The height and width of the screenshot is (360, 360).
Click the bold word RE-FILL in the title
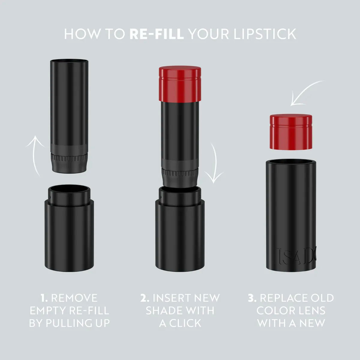pyautogui.click(x=157, y=34)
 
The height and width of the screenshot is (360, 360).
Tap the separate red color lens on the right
pyautogui.click(x=290, y=132)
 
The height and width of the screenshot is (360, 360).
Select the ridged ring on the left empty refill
pyautogui.click(x=69, y=157)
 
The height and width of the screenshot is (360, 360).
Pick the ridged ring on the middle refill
pyautogui.click(x=180, y=173)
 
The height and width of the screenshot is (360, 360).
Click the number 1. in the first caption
pyautogui.click(x=44, y=298)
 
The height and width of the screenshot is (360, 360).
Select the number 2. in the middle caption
pyautogui.click(x=145, y=298)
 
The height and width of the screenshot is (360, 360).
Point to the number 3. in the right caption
pyautogui.click(x=252, y=298)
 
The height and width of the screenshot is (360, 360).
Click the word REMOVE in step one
pyautogui.click(x=74, y=298)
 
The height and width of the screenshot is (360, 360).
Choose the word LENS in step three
pyautogui.click(x=311, y=310)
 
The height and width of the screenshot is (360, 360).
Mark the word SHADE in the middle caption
pyautogui.click(x=164, y=310)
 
